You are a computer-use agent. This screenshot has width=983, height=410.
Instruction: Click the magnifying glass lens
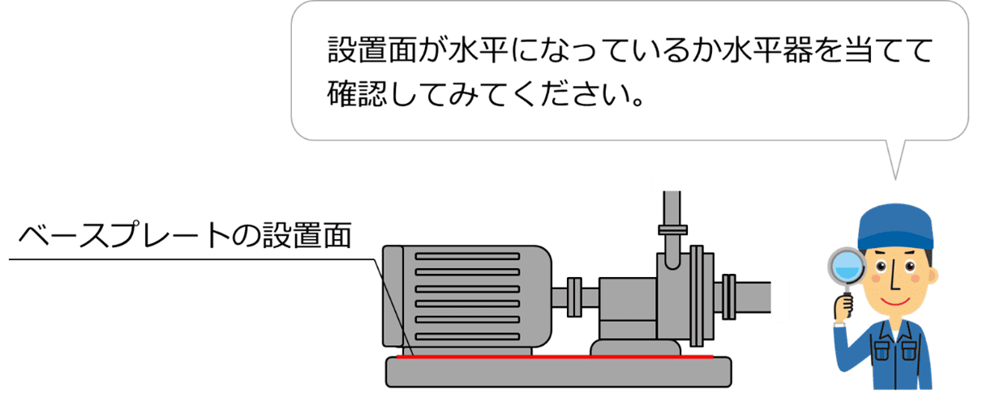click(843, 267)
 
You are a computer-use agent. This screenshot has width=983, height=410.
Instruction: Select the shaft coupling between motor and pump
click(575, 297)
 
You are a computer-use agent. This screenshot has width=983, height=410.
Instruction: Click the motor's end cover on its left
click(391, 296)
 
